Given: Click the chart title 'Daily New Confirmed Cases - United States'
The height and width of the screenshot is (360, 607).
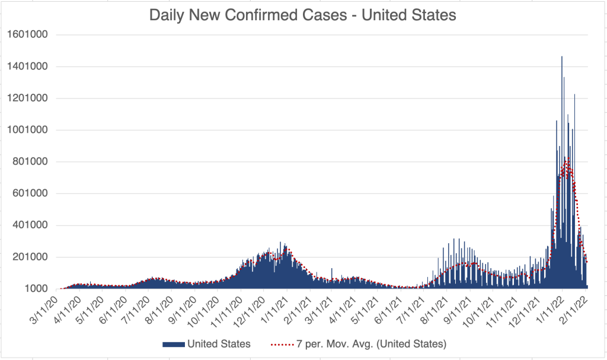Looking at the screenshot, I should click(x=303, y=15).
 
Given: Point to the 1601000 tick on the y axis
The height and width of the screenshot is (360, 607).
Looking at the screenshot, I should click(x=28, y=34).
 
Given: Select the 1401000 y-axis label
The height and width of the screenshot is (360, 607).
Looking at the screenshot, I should click(x=28, y=66).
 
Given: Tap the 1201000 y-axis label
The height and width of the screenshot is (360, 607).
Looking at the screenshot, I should click(x=28, y=98).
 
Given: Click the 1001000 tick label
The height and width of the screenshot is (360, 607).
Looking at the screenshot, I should click(x=28, y=130).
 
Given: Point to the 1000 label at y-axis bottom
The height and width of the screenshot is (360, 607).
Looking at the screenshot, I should click(x=36, y=289).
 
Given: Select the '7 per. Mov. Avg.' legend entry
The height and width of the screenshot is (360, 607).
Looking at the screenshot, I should click(x=358, y=344).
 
